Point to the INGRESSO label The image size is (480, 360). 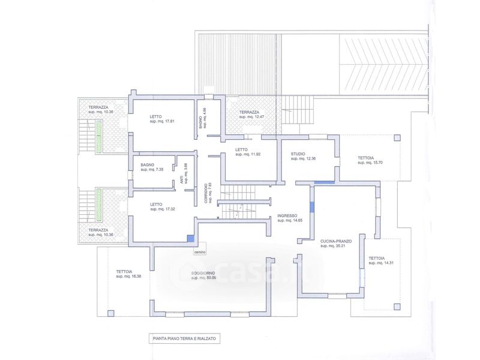click(x=287, y=215)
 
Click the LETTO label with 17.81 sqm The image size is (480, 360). click(x=155, y=116)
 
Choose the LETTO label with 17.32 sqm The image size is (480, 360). click(x=155, y=204)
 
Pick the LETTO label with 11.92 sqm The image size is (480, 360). click(x=241, y=150)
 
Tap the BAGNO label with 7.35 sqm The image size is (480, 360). click(x=148, y=164)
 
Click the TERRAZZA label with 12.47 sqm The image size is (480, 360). click(x=249, y=112)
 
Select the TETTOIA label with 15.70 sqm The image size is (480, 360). click(x=366, y=158)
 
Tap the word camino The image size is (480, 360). click(x=199, y=252)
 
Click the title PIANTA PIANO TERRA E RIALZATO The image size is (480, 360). click(x=184, y=339)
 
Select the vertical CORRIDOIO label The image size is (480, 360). click(x=206, y=193)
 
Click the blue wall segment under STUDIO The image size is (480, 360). click(x=324, y=182)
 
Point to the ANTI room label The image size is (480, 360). click(x=181, y=179)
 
